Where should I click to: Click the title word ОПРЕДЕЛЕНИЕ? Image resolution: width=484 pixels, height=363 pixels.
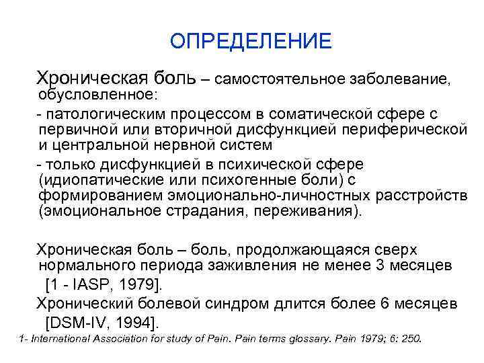point(251,42)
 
